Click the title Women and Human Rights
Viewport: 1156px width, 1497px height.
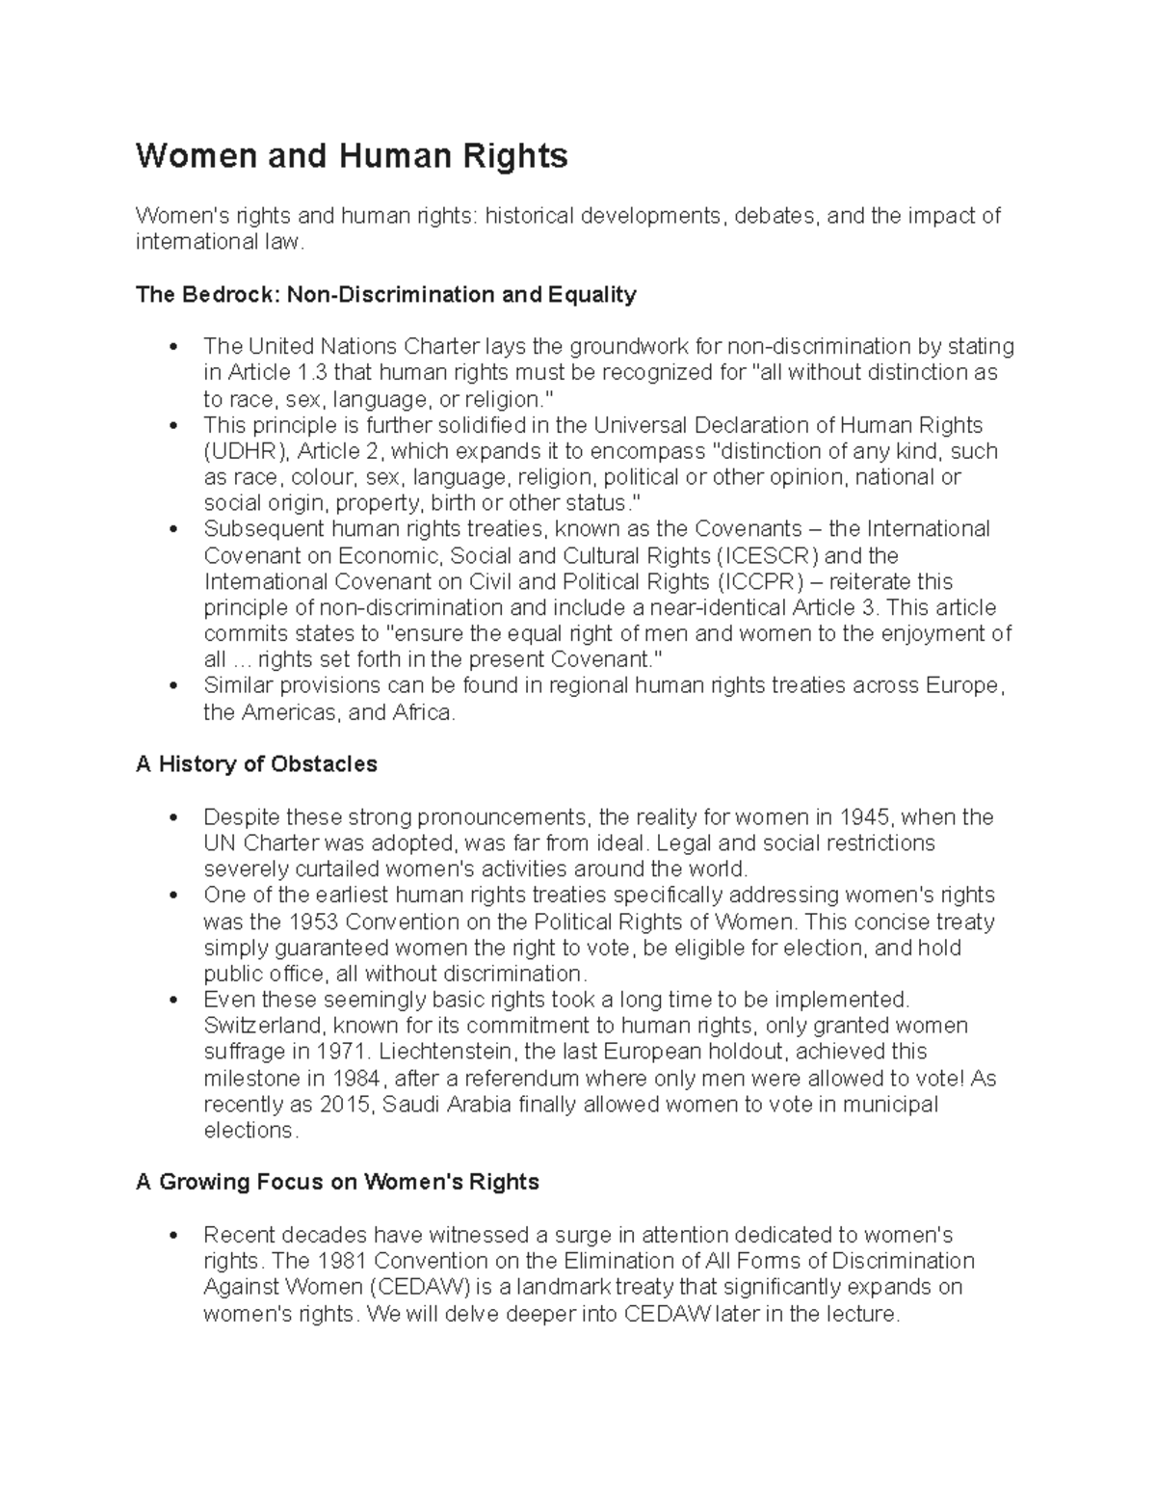tap(352, 156)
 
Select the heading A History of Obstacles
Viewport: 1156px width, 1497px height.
tap(256, 764)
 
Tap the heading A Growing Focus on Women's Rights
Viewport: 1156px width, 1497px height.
tap(337, 1182)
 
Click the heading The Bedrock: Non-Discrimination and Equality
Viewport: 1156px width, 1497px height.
tap(386, 295)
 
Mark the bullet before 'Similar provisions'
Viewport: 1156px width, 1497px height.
tap(173, 687)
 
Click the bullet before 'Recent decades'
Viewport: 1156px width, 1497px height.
tap(173, 1236)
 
